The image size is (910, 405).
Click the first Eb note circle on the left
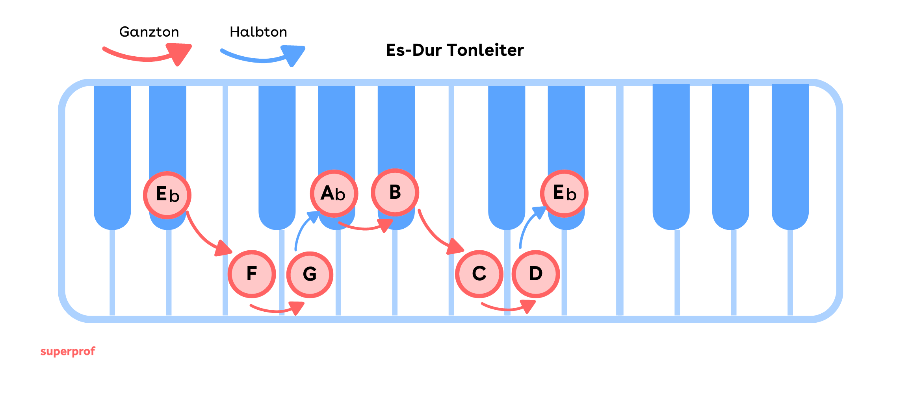[x=167, y=195]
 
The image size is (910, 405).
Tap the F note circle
[x=252, y=274]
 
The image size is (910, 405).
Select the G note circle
[x=310, y=275]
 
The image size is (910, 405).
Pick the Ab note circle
[x=334, y=194]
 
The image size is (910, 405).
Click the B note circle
[x=395, y=192]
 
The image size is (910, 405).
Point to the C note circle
[x=479, y=274]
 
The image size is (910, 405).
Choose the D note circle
[x=536, y=274]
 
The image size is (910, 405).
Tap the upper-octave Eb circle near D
[x=564, y=194]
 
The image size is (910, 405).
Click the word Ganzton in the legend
[x=149, y=32]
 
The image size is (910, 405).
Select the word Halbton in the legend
[x=258, y=32]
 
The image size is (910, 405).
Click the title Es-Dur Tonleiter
[x=455, y=50]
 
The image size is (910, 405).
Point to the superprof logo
[x=68, y=351]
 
